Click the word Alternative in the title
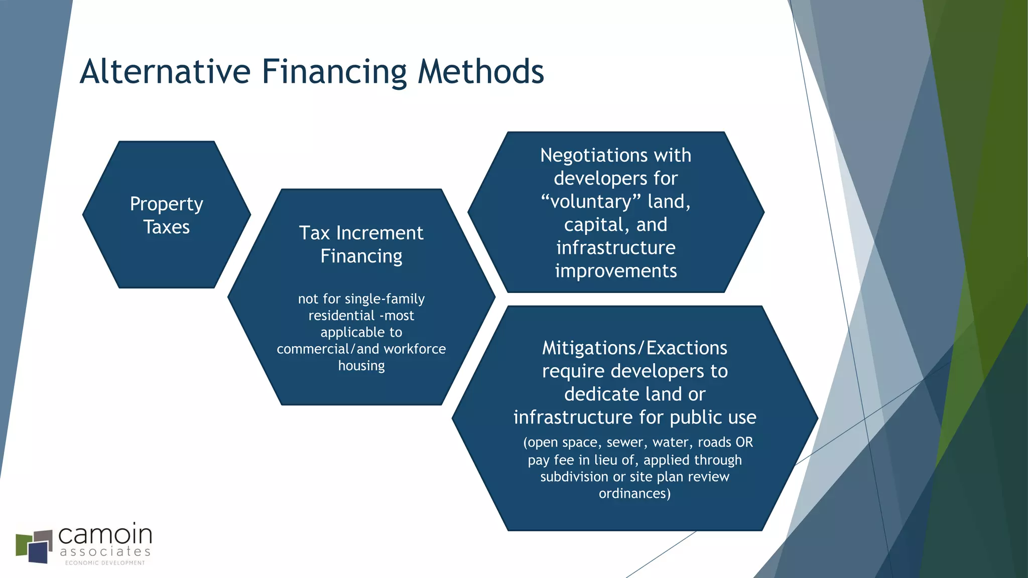pyautogui.click(x=165, y=71)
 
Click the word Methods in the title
pyautogui.click(x=481, y=71)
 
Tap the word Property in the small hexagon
pyautogui.click(x=166, y=204)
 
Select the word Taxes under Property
pyautogui.click(x=166, y=227)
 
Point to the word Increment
pyautogui.click(x=379, y=233)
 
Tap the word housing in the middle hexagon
pyautogui.click(x=361, y=366)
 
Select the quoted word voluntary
pyautogui.click(x=591, y=202)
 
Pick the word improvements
pyautogui.click(x=616, y=271)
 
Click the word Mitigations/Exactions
pyautogui.click(x=634, y=348)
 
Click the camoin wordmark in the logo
pyautogui.click(x=105, y=535)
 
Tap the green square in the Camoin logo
pyautogui.click(x=22, y=546)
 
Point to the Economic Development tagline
pyautogui.click(x=105, y=563)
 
